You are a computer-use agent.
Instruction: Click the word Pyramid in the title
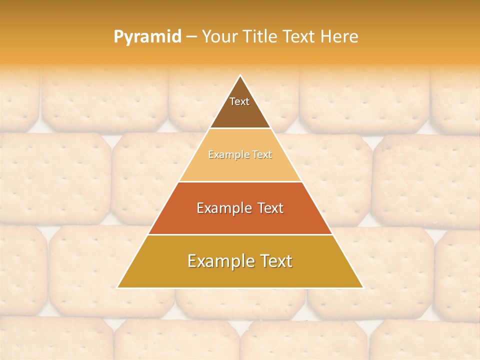tap(147, 37)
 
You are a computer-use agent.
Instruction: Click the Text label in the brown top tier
tap(239, 101)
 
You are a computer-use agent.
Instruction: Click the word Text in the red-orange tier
tap(268, 208)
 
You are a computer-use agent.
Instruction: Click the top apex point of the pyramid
tap(240, 75)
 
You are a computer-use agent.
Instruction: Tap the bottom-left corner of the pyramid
tap(117, 287)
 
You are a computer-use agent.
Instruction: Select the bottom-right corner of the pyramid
tap(363, 287)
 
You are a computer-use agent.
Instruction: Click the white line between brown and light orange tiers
tap(240, 128)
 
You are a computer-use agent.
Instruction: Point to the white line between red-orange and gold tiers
tap(240, 234)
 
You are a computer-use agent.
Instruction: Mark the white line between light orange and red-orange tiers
tap(240, 181)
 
